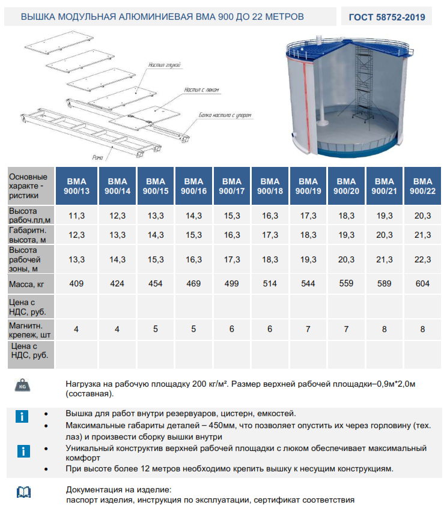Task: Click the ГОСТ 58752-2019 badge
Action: click(x=387, y=17)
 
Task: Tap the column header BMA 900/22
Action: click(x=423, y=186)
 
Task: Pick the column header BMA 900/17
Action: click(x=232, y=186)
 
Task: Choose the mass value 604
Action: click(x=423, y=283)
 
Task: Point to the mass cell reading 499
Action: click(x=232, y=283)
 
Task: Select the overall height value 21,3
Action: click(x=423, y=235)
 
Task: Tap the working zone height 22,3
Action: click(x=423, y=259)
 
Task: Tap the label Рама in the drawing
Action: click(x=98, y=158)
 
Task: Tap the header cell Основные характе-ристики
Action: click(x=29, y=186)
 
